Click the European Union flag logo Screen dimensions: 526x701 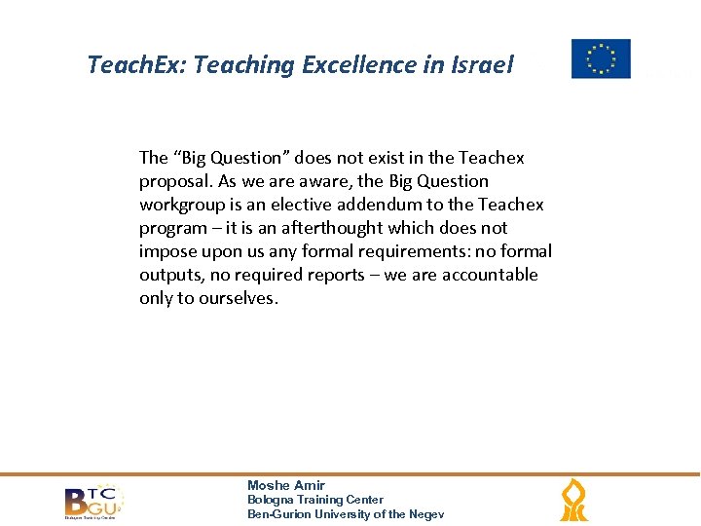pos(600,58)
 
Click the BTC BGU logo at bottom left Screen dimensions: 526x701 pos(93,502)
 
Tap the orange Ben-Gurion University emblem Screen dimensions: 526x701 pos(573,501)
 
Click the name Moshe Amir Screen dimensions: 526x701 pos(286,485)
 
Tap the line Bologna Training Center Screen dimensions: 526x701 pos(315,500)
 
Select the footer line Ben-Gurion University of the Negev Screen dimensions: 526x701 pos(346,514)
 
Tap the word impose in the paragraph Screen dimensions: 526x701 pos(167,251)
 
